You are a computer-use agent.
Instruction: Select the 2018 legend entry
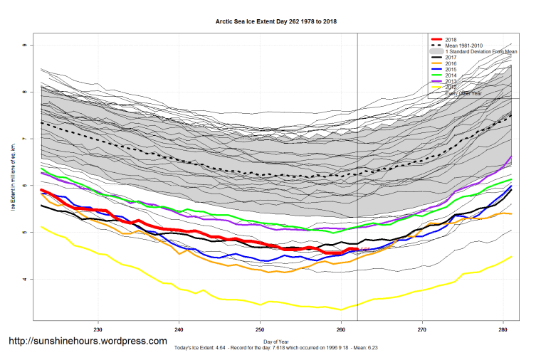[x=451, y=39]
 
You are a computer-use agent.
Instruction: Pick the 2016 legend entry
[x=451, y=64]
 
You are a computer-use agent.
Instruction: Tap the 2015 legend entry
[x=451, y=70]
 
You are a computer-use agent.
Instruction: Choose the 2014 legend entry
[x=451, y=76]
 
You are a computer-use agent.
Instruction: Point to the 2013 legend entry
[x=451, y=82]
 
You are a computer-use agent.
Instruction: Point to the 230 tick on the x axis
[x=98, y=329]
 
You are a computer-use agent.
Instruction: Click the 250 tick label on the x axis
[x=260, y=329]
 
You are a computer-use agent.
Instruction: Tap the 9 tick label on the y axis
[x=23, y=45]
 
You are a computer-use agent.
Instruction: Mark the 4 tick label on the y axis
[x=23, y=280]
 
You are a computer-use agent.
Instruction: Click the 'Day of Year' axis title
[x=276, y=341]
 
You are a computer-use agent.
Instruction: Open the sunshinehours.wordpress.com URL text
[x=88, y=342]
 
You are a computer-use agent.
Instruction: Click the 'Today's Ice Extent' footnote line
[x=276, y=348]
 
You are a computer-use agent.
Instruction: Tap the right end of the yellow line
[x=511, y=257]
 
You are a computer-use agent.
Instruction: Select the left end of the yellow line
[x=41, y=226]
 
